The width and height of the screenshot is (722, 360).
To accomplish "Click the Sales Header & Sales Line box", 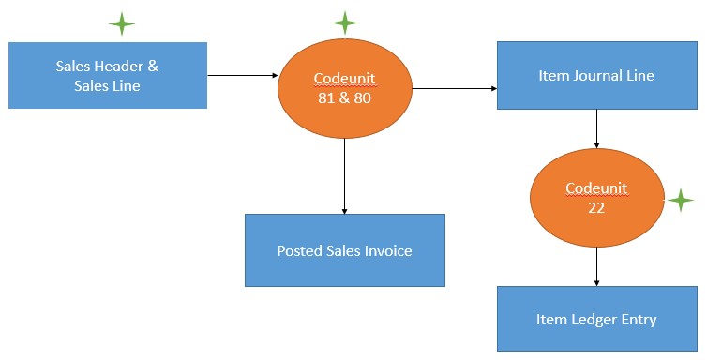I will (107, 75).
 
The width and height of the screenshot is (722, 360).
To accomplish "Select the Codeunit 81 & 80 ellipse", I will (345, 89).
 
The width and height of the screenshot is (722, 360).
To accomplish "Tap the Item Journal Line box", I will (596, 75).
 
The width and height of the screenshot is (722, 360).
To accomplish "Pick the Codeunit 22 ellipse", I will (596, 199).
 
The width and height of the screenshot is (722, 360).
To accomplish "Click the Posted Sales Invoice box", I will (344, 250).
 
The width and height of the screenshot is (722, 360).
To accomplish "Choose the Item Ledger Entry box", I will (596, 319).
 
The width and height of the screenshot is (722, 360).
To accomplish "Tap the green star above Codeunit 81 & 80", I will (345, 22).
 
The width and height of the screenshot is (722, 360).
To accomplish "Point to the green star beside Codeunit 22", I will (680, 200).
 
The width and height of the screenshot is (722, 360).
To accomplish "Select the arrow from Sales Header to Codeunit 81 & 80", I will (242, 74).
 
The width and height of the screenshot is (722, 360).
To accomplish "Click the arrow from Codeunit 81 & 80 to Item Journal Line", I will (454, 89).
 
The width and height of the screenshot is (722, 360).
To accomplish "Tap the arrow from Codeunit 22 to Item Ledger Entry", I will (596, 267).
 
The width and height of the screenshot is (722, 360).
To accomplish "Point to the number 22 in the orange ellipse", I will (596, 208).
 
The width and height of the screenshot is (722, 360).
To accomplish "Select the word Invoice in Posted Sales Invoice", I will (388, 250).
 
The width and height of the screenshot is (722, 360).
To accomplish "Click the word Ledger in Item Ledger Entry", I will (595, 319).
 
